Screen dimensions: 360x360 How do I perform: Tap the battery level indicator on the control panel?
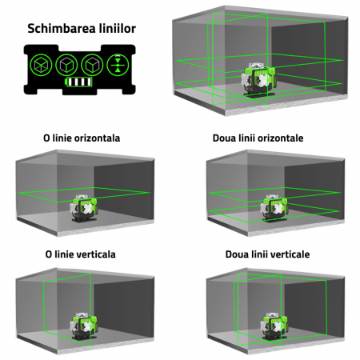tap(79, 82)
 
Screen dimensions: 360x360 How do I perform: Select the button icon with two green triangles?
tap(118, 65)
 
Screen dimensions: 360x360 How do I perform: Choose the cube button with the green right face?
tap(92, 65)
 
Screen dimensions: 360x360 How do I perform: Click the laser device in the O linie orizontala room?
tap(84, 207)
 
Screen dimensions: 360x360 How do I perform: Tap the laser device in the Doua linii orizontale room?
tap(274, 208)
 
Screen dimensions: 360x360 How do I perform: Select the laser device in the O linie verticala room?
tap(84, 326)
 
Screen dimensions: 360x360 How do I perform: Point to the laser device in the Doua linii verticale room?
tap(274, 326)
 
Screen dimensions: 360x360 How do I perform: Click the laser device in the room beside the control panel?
tap(258, 80)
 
